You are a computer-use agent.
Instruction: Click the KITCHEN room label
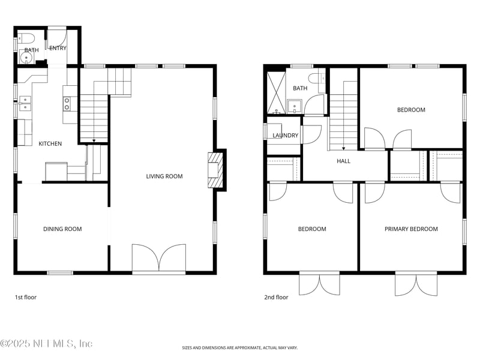(x=50, y=143)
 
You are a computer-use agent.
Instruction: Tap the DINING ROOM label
(x=62, y=229)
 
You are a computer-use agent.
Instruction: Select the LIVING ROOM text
(x=164, y=176)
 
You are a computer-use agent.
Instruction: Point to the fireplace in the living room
(x=214, y=170)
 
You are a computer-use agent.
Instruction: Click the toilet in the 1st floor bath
(x=26, y=38)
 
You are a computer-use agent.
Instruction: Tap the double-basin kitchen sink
(x=25, y=103)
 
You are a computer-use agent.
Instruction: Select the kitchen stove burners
(x=67, y=103)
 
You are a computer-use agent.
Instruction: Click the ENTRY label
(x=58, y=48)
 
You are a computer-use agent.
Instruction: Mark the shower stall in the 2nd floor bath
(x=277, y=93)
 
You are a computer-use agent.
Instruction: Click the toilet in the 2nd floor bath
(x=317, y=79)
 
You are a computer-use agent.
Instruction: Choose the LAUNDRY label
(x=286, y=136)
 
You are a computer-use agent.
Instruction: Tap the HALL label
(x=343, y=161)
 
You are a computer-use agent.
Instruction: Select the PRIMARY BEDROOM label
(x=411, y=229)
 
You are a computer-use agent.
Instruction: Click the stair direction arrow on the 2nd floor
(x=343, y=148)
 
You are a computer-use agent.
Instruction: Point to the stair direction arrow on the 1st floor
(x=94, y=141)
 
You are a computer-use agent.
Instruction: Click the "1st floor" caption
(x=26, y=297)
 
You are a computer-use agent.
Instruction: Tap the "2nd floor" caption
(x=276, y=297)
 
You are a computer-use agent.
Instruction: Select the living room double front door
(x=159, y=258)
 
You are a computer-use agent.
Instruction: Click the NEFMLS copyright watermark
(x=46, y=343)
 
